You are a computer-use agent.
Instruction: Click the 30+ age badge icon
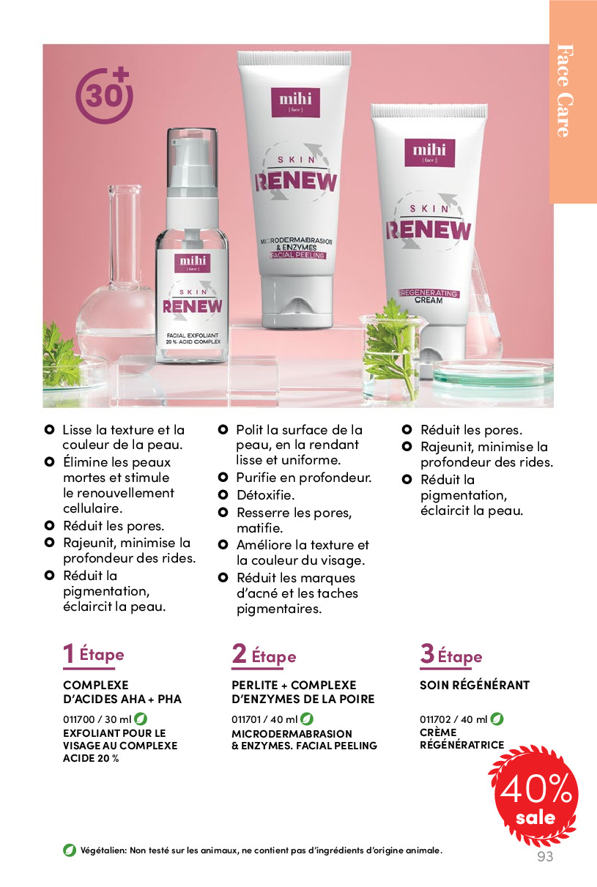104,95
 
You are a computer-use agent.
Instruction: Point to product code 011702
435,719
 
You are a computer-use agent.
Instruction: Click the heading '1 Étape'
94,654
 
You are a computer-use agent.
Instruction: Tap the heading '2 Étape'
264,655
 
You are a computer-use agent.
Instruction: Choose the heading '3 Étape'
451,655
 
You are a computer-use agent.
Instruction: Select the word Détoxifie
265,495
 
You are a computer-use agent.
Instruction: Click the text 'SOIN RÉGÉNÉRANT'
475,685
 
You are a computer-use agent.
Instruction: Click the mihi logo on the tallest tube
295,102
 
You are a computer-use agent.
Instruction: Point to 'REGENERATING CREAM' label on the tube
429,297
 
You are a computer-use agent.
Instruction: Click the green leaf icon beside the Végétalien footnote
70,850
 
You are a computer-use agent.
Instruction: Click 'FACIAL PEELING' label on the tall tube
297,256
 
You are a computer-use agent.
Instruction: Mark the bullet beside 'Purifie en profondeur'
223,478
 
